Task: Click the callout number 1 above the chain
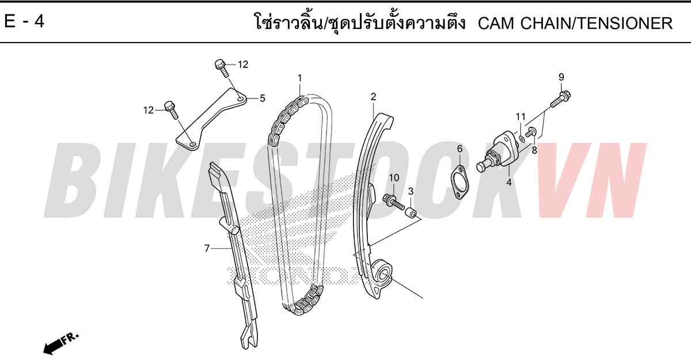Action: (299, 78)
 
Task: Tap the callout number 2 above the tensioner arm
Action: (373, 97)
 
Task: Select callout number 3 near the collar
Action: (411, 191)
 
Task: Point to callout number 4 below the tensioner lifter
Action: (508, 183)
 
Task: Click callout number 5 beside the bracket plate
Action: (262, 98)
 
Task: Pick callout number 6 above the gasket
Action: (460, 149)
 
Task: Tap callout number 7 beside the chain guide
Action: (207, 248)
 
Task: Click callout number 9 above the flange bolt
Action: (561, 77)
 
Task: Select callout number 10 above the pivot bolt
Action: (394, 177)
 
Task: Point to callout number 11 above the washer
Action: (521, 117)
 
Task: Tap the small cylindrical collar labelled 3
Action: (411, 213)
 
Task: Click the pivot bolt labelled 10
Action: (393, 202)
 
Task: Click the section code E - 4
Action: (24, 21)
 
